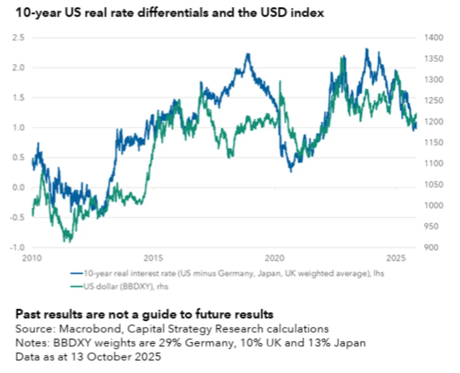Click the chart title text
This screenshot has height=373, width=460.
tap(170, 13)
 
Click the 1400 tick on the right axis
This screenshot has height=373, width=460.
tap(432, 38)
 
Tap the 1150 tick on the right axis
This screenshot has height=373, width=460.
tap(432, 143)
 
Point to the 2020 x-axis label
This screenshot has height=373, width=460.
tap(275, 257)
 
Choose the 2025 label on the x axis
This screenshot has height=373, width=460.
tap(396, 257)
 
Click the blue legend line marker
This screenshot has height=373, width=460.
tap(77, 273)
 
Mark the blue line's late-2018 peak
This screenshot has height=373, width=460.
tap(248, 54)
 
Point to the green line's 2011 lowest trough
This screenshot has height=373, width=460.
tap(68, 241)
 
